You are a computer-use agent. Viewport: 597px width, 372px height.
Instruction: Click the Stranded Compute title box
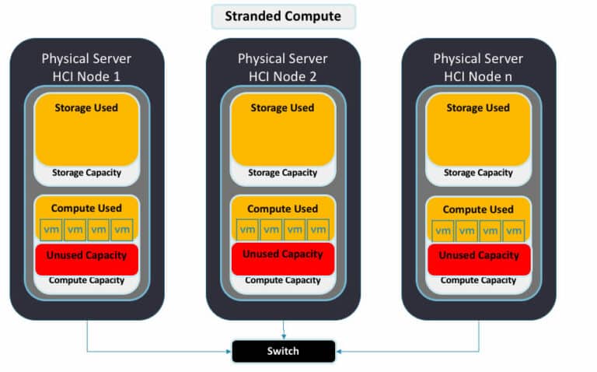point(283,16)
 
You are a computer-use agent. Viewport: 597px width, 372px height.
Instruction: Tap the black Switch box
point(283,351)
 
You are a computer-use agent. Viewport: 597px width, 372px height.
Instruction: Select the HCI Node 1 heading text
point(86,68)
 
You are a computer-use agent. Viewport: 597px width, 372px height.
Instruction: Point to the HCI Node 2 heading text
point(282,68)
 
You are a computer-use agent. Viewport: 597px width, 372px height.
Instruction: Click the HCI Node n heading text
point(478,68)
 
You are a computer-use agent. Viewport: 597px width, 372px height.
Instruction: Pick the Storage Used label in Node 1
point(86,108)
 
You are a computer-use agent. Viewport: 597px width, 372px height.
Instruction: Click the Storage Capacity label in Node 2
point(282,173)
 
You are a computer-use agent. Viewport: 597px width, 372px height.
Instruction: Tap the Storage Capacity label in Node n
point(478,173)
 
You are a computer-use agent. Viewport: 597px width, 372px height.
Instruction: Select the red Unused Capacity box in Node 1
point(87,260)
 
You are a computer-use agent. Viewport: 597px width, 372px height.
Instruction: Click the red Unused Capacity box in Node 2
point(283,259)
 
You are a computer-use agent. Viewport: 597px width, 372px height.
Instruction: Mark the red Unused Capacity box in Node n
point(479,260)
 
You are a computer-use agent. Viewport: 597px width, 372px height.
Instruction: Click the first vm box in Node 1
point(51,230)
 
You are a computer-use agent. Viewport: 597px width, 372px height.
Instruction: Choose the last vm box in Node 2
point(318,230)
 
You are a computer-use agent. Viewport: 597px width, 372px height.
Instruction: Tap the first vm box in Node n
point(443,231)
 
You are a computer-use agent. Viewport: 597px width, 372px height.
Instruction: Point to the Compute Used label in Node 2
point(282,209)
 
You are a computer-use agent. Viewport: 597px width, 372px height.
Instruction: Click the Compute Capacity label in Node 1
point(86,280)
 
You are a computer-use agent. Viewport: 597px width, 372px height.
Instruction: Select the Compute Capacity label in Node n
point(478,280)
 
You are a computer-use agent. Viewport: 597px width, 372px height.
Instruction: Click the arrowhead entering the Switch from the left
point(229,352)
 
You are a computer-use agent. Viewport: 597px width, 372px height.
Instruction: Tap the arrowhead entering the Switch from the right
point(338,352)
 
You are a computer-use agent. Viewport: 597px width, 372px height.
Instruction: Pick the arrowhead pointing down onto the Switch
point(284,336)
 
